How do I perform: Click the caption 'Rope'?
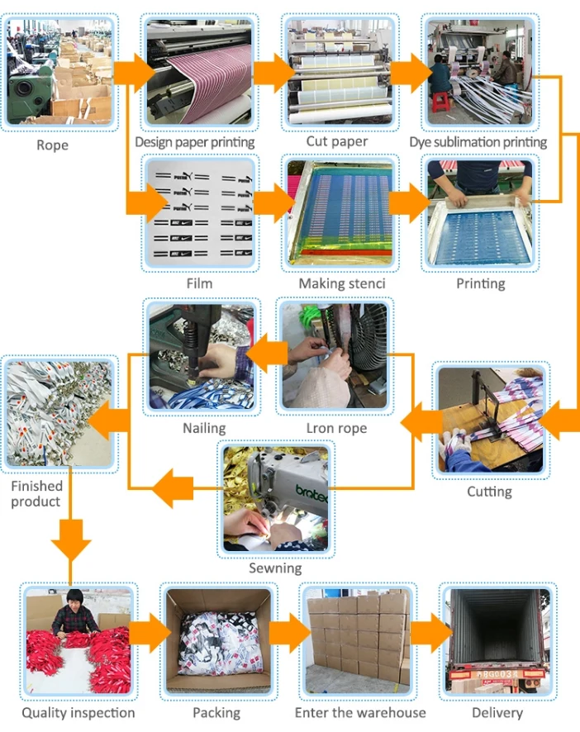tap(52, 145)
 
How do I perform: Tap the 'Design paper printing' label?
tap(195, 142)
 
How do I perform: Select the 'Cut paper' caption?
tap(337, 141)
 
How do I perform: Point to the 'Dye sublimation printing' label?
tap(478, 142)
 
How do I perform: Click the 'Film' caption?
tap(199, 283)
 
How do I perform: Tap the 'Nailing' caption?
tap(204, 428)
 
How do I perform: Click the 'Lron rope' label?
tap(336, 428)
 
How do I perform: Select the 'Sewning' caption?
tap(275, 568)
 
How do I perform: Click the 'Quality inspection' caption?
tap(78, 712)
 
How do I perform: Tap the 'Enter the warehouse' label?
tap(360, 712)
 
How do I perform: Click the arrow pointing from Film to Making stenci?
tap(273, 202)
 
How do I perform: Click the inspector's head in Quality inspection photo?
tap(75, 597)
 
